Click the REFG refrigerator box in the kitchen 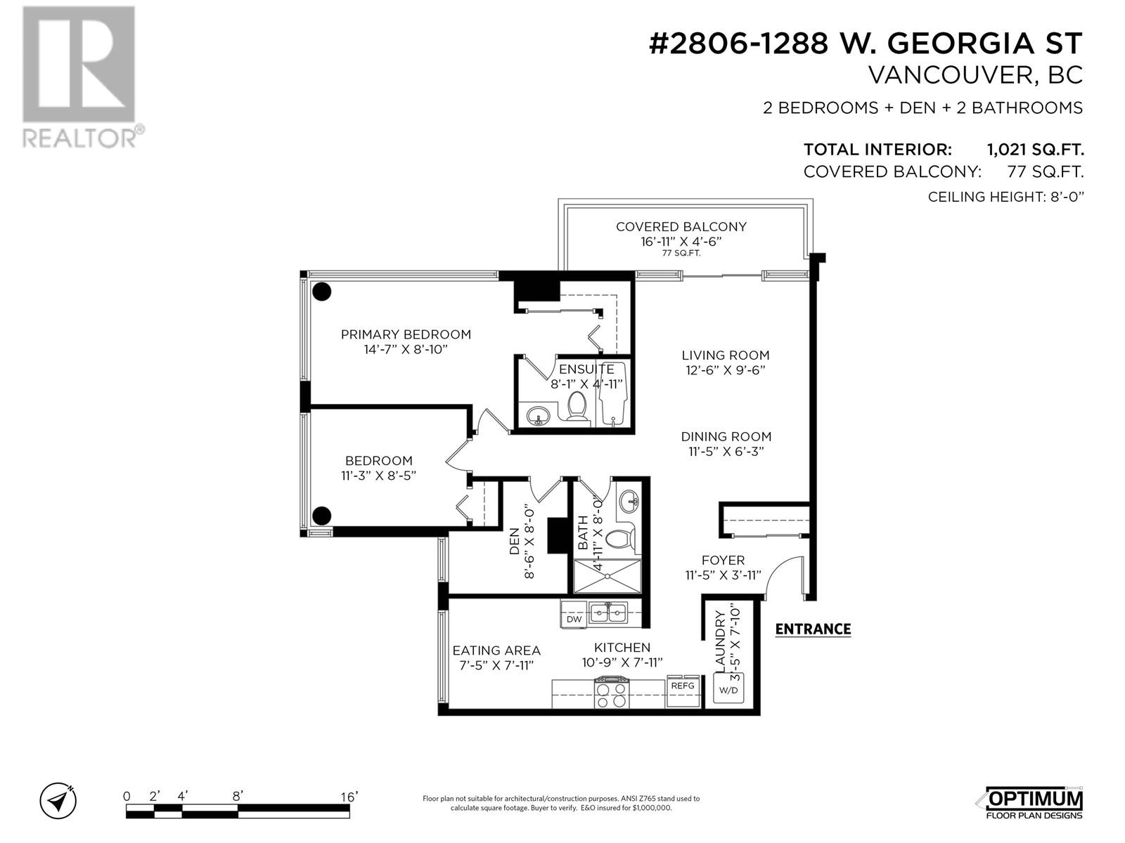(683, 691)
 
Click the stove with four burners (612, 692)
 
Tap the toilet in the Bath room (619, 538)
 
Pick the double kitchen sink (608, 612)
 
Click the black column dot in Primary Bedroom (322, 292)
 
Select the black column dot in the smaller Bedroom (321, 516)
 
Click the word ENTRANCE (813, 629)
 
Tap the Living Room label (725, 355)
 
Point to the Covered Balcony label (681, 227)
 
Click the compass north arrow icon (58, 801)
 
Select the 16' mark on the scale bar (349, 797)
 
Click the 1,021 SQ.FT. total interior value (1035, 150)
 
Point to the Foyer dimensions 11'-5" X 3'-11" (724, 575)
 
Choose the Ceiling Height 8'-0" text (1006, 197)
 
